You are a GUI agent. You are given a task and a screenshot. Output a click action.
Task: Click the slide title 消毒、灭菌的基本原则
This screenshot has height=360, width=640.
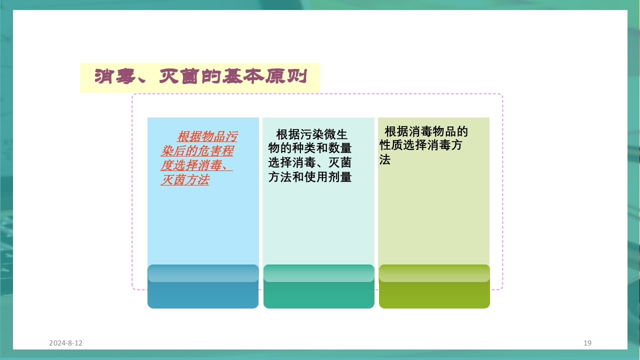pyautogui.click(x=200, y=77)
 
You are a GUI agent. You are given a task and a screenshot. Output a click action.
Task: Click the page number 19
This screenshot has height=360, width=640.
pyautogui.click(x=587, y=343)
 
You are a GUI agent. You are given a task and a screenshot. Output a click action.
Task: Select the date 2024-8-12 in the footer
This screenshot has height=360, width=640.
pyautogui.click(x=65, y=343)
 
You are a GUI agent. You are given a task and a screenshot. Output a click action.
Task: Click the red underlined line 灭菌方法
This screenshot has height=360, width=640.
pyautogui.click(x=185, y=180)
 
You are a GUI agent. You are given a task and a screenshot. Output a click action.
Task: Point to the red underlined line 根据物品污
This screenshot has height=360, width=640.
pyautogui.click(x=207, y=136)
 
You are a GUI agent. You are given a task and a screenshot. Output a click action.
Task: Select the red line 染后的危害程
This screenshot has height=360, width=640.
pyautogui.click(x=197, y=151)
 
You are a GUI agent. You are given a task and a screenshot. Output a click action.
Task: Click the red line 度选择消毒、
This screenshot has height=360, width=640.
pyautogui.click(x=197, y=165)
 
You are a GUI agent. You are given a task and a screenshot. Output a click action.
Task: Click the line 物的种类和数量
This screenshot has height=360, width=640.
pyautogui.click(x=310, y=148)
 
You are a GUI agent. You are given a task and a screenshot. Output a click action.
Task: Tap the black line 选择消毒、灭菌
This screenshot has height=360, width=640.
pyautogui.click(x=310, y=162)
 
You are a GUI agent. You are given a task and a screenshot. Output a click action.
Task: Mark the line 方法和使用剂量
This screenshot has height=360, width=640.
pyautogui.click(x=310, y=177)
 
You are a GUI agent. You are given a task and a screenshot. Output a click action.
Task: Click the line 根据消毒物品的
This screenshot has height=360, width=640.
pyautogui.click(x=426, y=131)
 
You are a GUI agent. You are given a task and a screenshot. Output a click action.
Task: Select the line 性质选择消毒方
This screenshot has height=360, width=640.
pyautogui.click(x=420, y=145)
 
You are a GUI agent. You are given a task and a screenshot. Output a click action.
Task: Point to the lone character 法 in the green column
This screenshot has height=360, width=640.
pyautogui.click(x=384, y=160)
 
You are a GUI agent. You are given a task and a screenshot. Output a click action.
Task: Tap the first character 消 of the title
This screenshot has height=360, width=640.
pyautogui.click(x=103, y=77)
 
